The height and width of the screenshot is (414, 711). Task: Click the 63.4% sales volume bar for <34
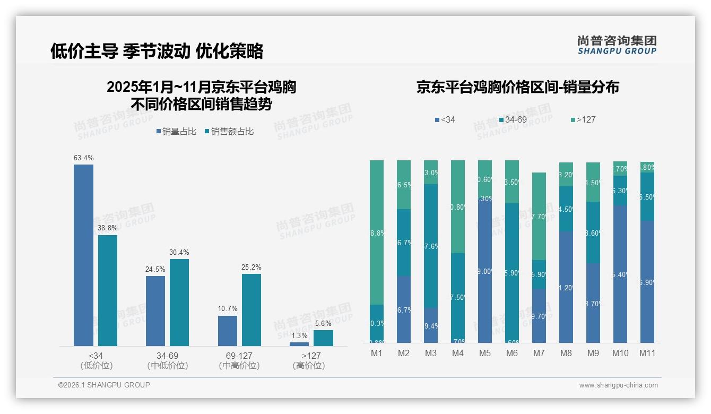[83, 255]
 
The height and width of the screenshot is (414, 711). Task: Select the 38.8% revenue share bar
[108, 290]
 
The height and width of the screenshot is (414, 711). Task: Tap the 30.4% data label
[179, 252]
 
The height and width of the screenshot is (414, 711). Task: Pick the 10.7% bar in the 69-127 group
[228, 331]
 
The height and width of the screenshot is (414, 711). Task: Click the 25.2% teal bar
[252, 309]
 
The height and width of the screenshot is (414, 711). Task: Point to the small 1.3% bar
[299, 344]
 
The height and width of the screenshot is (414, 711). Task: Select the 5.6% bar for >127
[323, 338]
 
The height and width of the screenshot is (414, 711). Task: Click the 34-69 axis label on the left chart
[167, 356]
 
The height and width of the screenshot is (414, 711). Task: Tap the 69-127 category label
[239, 356]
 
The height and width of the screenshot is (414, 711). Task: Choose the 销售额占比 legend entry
[229, 132]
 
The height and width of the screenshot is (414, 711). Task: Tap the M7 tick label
[539, 353]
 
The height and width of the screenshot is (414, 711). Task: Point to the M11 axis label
[647, 353]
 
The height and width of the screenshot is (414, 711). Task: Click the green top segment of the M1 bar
[377, 232]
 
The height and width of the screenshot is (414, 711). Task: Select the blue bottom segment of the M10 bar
[620, 274]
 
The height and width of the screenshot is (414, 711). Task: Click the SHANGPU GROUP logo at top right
[617, 45]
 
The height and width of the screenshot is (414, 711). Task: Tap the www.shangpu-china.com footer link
[618, 385]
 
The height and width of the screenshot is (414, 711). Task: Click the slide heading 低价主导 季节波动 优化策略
[157, 51]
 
